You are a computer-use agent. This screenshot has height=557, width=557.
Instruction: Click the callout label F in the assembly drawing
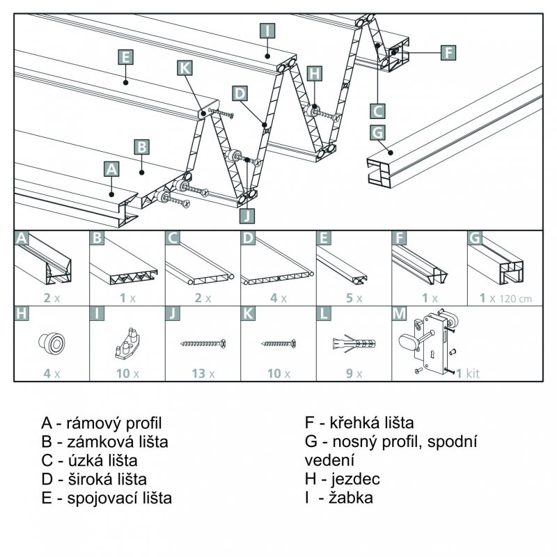pyautogui.click(x=448, y=52)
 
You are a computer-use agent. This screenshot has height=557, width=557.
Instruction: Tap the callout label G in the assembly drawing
pyautogui.click(x=377, y=132)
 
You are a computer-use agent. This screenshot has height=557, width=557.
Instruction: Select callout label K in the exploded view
pyautogui.click(x=184, y=68)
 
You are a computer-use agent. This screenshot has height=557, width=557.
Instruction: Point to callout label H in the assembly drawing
pyautogui.click(x=315, y=73)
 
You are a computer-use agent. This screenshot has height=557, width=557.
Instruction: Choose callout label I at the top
pyautogui.click(x=267, y=30)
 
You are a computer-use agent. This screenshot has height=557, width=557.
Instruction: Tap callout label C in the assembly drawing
pyautogui.click(x=377, y=111)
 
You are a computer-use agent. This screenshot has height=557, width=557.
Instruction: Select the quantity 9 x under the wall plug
pyautogui.click(x=354, y=373)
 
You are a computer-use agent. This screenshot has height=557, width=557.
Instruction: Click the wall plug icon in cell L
pyautogui.click(x=354, y=343)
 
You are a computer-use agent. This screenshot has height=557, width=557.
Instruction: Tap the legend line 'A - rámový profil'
pyautogui.click(x=102, y=423)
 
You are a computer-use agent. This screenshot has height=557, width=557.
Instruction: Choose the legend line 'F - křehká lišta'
pyautogui.click(x=359, y=423)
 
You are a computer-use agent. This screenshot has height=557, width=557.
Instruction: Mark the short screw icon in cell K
pyautogui.click(x=278, y=343)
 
